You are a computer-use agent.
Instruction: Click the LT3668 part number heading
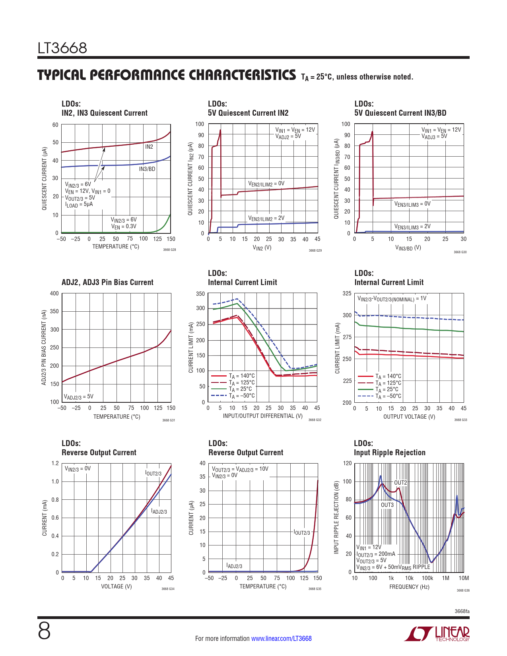[x=62, y=48]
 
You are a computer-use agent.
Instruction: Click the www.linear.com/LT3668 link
[x=281, y=639]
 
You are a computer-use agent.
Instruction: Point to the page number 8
[x=44, y=631]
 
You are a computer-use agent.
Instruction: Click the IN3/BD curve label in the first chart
[x=147, y=169]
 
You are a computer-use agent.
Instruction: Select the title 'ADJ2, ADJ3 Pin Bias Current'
[x=107, y=282]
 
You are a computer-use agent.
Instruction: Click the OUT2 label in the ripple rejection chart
[x=400, y=483]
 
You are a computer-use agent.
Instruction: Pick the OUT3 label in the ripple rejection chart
[x=387, y=505]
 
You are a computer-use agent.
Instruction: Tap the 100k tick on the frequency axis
[x=427, y=578]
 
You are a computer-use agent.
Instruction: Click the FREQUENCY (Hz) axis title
[x=409, y=587]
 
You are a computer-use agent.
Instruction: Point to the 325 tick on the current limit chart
[x=347, y=293]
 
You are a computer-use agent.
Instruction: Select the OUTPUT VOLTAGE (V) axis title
[x=409, y=417]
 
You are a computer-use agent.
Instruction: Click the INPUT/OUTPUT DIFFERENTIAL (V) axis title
[x=262, y=416]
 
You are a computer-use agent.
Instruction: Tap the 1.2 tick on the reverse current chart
[x=55, y=463]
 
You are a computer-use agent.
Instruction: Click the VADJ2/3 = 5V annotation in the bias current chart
[x=79, y=397]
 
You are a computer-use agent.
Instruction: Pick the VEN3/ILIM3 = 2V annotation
[x=412, y=227]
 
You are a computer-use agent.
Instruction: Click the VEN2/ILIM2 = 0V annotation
[x=266, y=184]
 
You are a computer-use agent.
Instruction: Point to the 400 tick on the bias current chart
[x=54, y=293]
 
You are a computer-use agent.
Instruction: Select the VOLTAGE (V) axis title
[x=116, y=586]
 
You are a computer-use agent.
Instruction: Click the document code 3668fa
[x=462, y=611]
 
